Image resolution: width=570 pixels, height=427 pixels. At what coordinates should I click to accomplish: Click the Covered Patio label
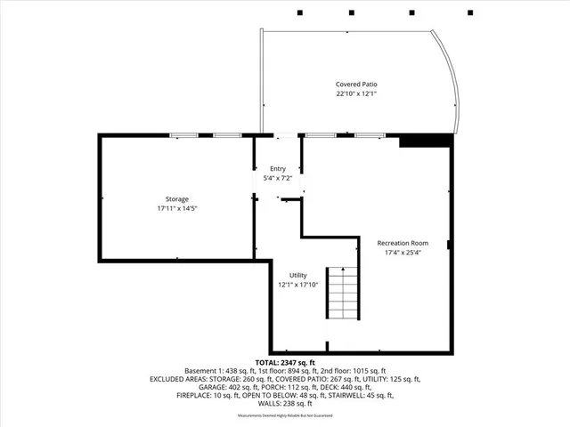[356, 85]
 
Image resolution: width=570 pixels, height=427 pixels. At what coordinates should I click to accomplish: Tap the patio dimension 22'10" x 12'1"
[356, 93]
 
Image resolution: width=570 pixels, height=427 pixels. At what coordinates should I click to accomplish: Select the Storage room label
[176, 198]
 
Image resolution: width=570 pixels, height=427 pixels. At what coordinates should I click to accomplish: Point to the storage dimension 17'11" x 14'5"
[176, 208]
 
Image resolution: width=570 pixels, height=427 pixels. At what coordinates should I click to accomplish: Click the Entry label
[278, 168]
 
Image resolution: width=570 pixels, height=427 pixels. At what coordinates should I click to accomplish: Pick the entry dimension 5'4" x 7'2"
[278, 178]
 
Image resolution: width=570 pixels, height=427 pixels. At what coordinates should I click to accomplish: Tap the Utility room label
[297, 276]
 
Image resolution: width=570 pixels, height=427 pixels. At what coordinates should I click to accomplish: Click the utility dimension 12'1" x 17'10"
[297, 286]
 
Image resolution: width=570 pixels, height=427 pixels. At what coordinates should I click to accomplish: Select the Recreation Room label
[403, 243]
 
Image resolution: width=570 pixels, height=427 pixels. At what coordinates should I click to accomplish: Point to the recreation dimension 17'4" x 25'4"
[403, 253]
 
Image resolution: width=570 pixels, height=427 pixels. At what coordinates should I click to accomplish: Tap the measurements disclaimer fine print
[285, 416]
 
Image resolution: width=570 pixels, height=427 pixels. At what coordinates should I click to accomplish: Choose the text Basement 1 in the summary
[203, 371]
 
